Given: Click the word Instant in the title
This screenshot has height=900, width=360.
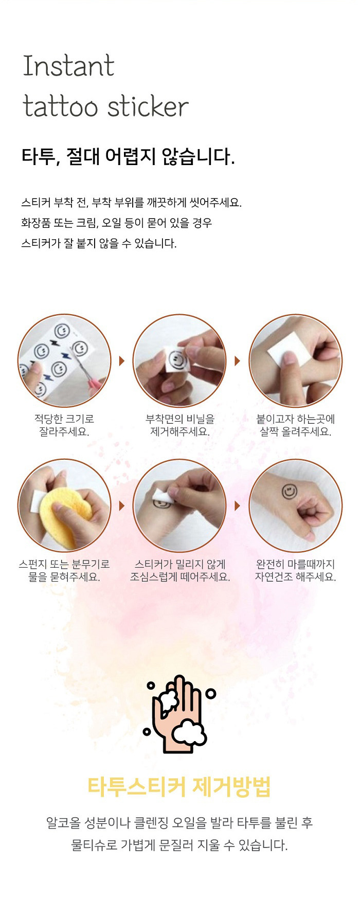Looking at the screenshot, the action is pos(68,66).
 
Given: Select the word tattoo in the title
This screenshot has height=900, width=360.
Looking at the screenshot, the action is pos(60,106).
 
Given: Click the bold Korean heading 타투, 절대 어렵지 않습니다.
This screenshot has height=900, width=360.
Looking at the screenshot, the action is pos(128,156).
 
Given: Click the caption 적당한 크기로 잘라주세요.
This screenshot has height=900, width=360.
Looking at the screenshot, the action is pos(64,425).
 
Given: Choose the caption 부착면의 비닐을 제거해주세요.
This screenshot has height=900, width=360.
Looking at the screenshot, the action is pos(180,425).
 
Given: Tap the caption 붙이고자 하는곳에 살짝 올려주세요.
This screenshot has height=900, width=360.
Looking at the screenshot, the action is pos(296,425).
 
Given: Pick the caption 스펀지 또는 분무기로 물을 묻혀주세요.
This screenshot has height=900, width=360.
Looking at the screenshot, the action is pos(64,570).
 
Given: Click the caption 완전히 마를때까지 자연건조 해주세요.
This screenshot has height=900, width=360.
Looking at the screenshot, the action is pos(296,570).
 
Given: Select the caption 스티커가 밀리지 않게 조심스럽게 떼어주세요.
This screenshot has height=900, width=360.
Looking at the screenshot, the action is pos(180,570).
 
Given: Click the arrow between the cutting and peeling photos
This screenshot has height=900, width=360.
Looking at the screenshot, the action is pos(122,361).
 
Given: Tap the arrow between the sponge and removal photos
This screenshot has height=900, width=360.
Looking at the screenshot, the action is pos(122,506).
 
